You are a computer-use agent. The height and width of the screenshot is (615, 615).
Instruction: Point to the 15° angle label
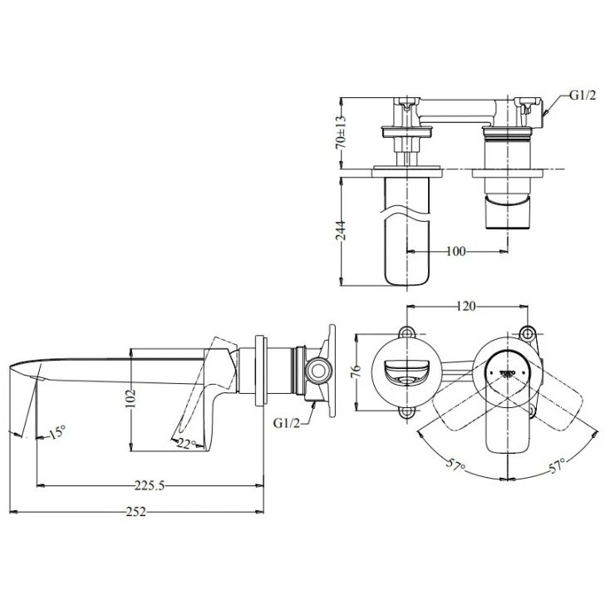(56, 432)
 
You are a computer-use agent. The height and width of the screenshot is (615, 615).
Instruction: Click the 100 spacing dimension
(455, 250)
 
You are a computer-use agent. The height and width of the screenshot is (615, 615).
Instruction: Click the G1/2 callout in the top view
(582, 96)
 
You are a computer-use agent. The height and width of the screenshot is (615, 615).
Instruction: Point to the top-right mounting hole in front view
(528, 332)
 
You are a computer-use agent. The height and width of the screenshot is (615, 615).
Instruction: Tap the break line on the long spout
(407, 214)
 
